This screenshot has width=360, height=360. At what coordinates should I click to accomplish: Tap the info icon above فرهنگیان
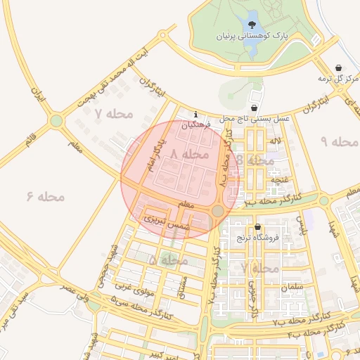195,115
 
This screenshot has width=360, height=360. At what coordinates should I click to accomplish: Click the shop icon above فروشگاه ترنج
258,227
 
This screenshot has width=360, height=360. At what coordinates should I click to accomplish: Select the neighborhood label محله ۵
168,260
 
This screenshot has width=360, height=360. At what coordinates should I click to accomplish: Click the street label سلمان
292,288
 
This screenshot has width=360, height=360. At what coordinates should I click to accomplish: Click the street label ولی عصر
77,294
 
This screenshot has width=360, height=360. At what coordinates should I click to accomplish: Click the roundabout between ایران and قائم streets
56,121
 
